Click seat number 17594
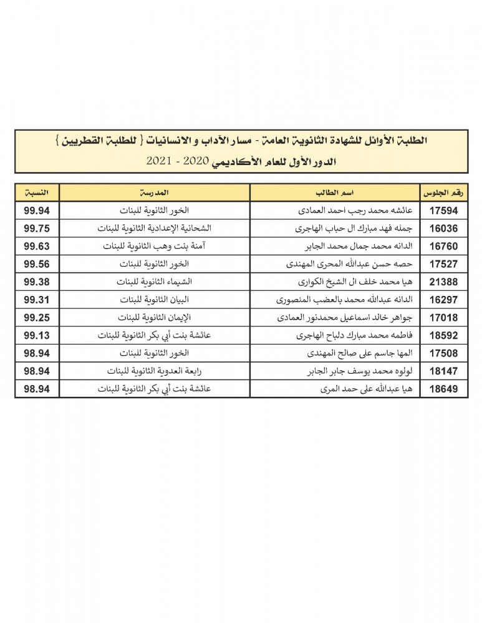444,210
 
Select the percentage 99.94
37,210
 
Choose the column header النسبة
37,192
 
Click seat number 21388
444,282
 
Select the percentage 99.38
37,282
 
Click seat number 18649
444,389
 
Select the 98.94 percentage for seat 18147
37,371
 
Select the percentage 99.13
37,335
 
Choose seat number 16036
444,228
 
